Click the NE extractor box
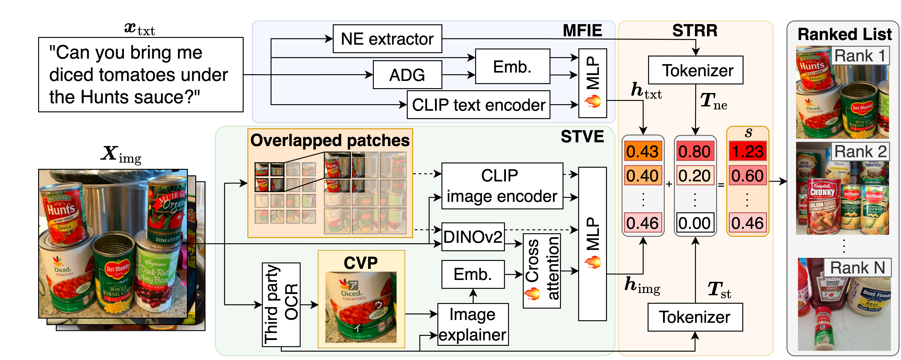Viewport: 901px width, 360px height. click(x=387, y=39)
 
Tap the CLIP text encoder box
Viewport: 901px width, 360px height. click(x=478, y=105)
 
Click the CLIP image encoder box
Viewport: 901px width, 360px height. click(x=502, y=186)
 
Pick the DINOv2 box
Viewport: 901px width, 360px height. click(x=473, y=237)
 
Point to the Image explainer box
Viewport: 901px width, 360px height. click(x=473, y=324)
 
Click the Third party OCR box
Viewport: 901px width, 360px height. click(x=281, y=304)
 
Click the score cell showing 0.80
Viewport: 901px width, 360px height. click(x=695, y=151)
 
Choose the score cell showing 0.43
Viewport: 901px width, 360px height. click(x=643, y=151)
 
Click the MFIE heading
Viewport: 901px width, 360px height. click(x=582, y=31)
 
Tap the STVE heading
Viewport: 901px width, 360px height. click(x=582, y=137)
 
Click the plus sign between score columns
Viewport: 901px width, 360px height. click(x=669, y=184)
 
